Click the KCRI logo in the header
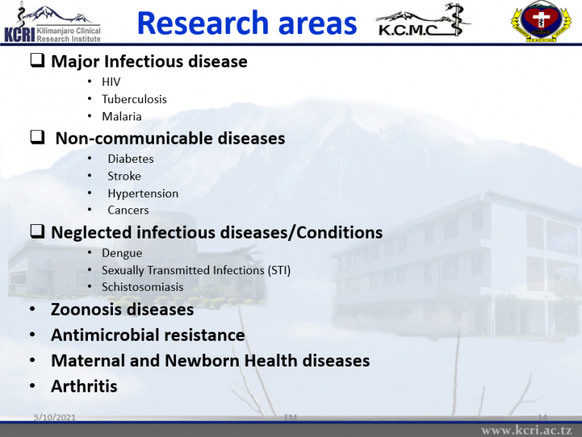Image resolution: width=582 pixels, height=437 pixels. click(x=52, y=23)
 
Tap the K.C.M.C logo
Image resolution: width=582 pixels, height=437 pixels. click(x=422, y=21)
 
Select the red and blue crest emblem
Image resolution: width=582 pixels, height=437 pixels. click(x=541, y=21)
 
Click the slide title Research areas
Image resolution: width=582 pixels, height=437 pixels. click(x=247, y=23)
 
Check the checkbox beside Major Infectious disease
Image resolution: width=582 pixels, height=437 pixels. click(x=37, y=60)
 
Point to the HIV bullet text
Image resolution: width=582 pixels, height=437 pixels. click(x=111, y=82)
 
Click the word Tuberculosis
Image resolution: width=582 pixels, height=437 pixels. click(x=134, y=99)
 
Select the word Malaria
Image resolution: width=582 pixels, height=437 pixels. click(x=122, y=117)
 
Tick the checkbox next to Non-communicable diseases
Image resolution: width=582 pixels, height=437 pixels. click(x=37, y=137)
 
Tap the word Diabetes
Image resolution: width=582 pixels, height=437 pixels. click(x=130, y=159)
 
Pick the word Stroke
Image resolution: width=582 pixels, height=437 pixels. click(x=124, y=176)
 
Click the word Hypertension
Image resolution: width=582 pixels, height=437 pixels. click(x=143, y=194)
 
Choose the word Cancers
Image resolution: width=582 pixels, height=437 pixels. click(x=128, y=211)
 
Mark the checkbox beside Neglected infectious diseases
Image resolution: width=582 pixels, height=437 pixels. click(x=37, y=231)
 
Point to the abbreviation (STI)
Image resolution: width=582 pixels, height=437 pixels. click(x=279, y=270)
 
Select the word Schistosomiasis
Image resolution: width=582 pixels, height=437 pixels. click(x=142, y=287)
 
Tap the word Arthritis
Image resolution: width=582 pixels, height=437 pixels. click(x=84, y=386)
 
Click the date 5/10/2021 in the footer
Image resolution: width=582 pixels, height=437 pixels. click(x=55, y=417)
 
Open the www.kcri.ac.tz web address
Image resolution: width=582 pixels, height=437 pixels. click(x=527, y=430)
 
